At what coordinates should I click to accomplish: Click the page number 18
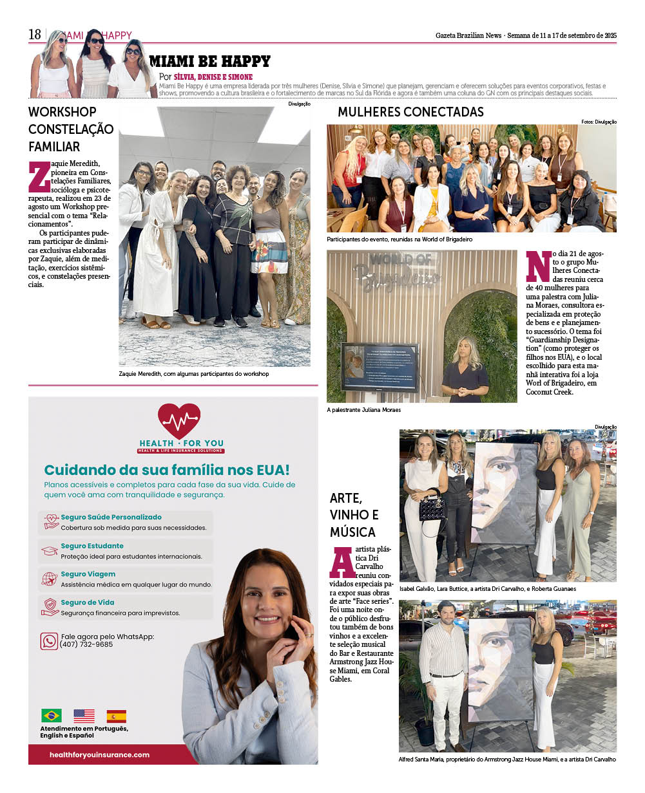coord(34,35)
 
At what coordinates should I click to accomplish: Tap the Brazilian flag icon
coord(52,715)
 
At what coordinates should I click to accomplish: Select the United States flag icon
coord(84,715)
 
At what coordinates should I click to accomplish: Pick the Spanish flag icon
coord(117,716)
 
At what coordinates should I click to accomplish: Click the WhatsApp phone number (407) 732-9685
coord(86,644)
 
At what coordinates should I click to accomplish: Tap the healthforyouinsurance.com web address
coord(99,754)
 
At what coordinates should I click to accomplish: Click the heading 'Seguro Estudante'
coord(92,546)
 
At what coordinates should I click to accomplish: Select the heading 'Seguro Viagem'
coord(88,574)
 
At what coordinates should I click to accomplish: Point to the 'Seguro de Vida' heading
coord(88,602)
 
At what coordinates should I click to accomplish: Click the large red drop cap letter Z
coord(39,177)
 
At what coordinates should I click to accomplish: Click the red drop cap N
coord(538,265)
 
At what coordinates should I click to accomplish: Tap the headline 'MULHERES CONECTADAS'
coord(410,112)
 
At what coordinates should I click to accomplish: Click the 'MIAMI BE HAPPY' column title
coord(209,61)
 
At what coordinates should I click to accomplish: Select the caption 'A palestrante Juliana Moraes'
coord(363,410)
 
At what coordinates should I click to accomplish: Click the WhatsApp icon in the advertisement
coord(49,640)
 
